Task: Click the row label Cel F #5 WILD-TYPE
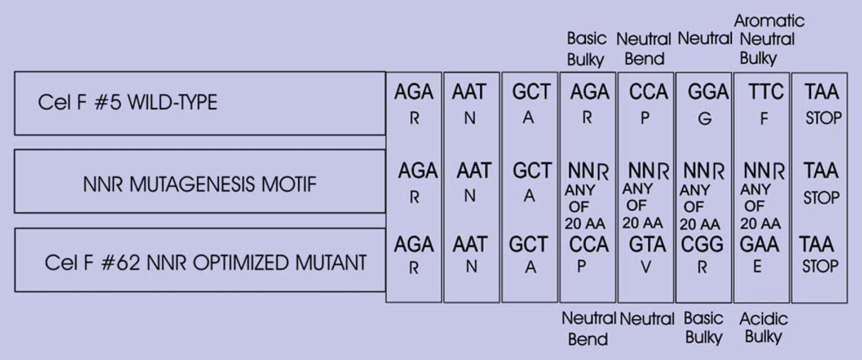[x=127, y=102]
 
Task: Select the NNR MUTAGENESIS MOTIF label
[x=200, y=184]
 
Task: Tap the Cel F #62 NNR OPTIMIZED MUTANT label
[x=206, y=263]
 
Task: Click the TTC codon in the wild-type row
[x=766, y=92]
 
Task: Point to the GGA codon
[x=708, y=92]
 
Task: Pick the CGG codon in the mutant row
[x=702, y=244]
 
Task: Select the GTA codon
[x=647, y=244]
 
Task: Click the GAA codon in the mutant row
[x=759, y=244]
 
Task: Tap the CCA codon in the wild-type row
[x=649, y=92]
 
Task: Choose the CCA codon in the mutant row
[x=589, y=244]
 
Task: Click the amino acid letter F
[x=764, y=119]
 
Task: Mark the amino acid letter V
[x=646, y=267]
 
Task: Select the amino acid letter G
[x=705, y=119]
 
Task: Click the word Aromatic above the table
[x=769, y=21]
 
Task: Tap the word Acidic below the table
[x=764, y=319]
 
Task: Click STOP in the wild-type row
[x=823, y=118]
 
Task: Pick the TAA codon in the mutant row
[x=817, y=244]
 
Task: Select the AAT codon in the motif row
[x=474, y=171]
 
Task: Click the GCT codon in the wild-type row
[x=531, y=92]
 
